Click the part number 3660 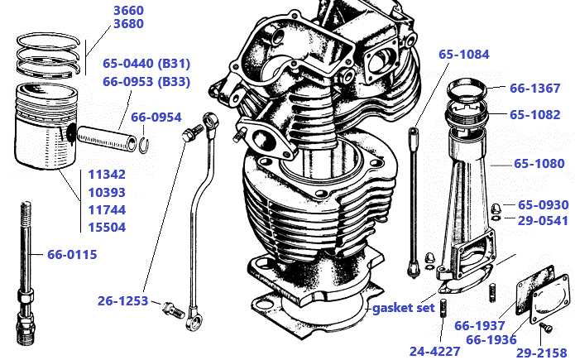128,10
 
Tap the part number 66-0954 156,117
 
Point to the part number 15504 107,227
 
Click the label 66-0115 72,254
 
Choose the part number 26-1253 122,302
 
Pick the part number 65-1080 539,164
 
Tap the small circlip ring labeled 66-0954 144,145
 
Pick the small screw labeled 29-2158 544,329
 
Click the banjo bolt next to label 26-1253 172,310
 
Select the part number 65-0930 543,204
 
